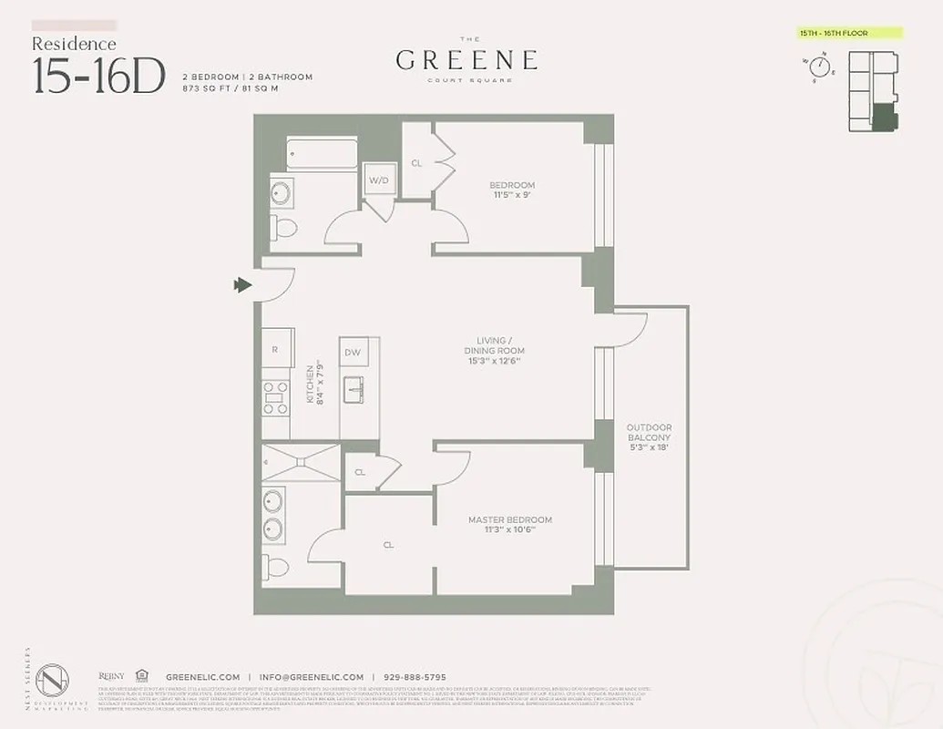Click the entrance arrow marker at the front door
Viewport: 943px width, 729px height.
click(242, 285)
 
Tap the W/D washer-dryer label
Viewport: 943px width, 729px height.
click(378, 180)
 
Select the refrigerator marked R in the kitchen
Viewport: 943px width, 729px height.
click(276, 349)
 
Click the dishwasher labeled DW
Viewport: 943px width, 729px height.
click(353, 352)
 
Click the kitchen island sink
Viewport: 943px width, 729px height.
click(354, 389)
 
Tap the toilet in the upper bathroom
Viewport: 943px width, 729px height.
click(283, 227)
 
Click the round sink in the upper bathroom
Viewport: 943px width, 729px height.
click(282, 192)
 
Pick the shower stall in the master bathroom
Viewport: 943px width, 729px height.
click(301, 462)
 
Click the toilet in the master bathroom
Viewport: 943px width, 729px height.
click(277, 567)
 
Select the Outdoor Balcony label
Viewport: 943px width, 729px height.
click(650, 437)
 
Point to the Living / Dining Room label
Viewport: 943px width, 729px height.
click(494, 351)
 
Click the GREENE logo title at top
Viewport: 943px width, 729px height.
click(466, 60)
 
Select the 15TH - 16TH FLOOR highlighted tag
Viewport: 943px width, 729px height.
click(847, 33)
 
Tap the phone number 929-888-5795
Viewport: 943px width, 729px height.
click(415, 677)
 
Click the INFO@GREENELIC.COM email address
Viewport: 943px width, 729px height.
click(311, 677)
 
